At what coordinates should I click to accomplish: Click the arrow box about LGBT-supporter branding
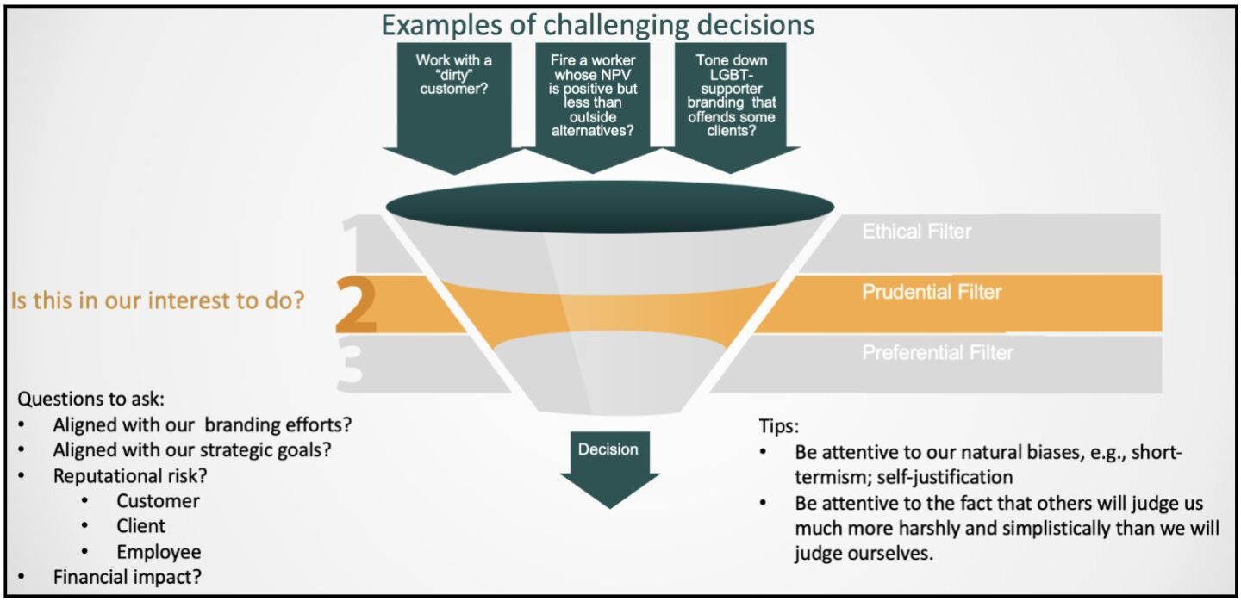[x=732, y=95]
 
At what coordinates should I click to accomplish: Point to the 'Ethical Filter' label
[x=916, y=232]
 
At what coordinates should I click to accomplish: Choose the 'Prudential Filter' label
[x=932, y=292]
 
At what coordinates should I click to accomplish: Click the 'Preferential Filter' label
[x=938, y=352]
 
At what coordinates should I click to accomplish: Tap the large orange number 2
[x=356, y=306]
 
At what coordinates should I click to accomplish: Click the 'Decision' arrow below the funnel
[x=608, y=465]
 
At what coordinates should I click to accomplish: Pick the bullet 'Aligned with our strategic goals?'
[x=192, y=449]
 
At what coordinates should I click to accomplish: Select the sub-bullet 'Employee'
[x=159, y=552]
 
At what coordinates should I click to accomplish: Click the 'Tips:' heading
[x=780, y=426]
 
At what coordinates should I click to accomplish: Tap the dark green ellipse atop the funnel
[x=609, y=208]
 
